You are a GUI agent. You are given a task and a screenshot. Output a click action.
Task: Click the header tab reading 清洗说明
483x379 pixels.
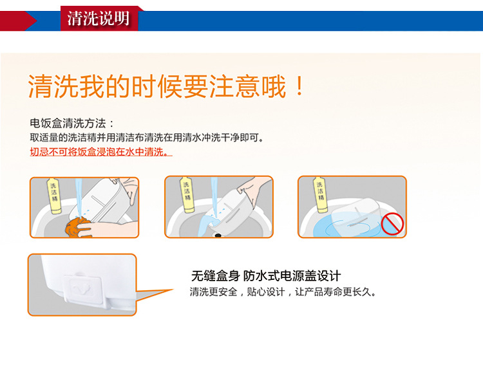[x=99, y=18]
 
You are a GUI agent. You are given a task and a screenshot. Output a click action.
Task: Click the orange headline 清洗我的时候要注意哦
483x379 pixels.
[x=157, y=86]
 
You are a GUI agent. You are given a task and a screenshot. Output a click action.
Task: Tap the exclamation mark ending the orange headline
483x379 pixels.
[x=299, y=86]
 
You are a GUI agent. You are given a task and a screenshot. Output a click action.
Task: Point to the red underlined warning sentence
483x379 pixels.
[x=101, y=152]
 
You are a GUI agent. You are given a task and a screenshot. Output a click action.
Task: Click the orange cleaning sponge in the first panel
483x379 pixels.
[x=78, y=227]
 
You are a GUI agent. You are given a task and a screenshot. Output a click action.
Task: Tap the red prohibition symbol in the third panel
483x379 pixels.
[x=392, y=224]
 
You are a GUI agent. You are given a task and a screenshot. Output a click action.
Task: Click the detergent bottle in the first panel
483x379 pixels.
[x=54, y=196]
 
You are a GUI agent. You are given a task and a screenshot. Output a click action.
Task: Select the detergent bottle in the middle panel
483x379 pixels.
[x=187, y=194]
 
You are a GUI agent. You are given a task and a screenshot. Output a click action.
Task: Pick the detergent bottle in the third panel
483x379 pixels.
[x=320, y=194]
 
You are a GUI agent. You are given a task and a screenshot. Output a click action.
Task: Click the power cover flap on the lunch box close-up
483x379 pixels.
[x=83, y=288]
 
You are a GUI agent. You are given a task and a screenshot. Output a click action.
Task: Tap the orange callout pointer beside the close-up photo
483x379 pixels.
[x=155, y=295]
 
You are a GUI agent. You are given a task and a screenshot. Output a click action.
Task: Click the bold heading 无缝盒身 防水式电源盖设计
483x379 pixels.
[x=266, y=276]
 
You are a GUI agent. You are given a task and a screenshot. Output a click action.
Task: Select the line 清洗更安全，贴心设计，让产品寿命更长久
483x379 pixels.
[x=283, y=291]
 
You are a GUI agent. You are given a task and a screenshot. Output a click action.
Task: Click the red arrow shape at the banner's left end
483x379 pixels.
[x=19, y=21]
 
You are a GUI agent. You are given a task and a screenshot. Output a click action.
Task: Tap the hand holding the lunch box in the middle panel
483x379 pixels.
[x=255, y=189]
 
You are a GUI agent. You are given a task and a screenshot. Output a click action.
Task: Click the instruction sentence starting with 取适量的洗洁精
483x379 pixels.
[x=147, y=137]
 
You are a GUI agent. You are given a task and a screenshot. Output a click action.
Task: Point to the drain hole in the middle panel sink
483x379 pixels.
[x=218, y=236]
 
